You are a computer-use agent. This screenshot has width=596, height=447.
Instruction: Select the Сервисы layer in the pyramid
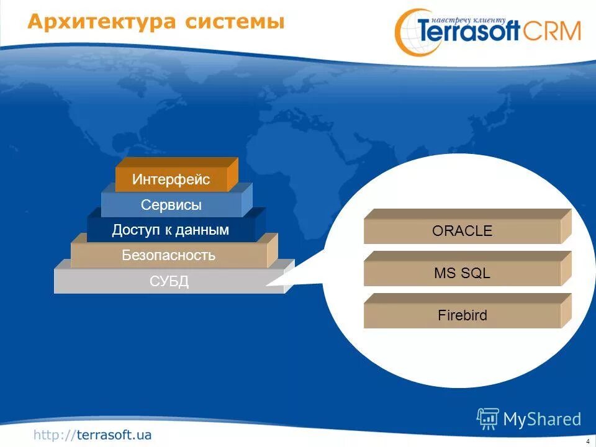pos(177,201)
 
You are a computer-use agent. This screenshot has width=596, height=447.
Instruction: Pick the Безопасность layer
pos(174,251)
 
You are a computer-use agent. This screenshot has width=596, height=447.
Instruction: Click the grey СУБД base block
pos(174,277)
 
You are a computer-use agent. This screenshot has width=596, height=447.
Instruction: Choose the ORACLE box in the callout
pos(467,227)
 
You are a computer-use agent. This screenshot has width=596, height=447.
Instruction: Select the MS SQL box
pos(467,269)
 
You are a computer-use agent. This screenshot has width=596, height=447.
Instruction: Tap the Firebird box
pos(467,311)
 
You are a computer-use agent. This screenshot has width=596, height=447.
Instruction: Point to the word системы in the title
pos(235,22)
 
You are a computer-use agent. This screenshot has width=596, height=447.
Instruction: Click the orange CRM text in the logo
pos(552,31)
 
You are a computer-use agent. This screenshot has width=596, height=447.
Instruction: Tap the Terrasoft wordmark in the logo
pos(469,30)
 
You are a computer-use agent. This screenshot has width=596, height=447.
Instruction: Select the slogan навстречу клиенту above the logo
pos(469,20)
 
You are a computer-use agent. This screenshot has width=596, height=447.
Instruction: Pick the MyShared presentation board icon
pos(488,418)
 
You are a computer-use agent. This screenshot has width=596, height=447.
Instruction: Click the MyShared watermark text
pos(542,419)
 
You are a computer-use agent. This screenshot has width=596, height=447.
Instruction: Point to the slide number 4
pos(588,441)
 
